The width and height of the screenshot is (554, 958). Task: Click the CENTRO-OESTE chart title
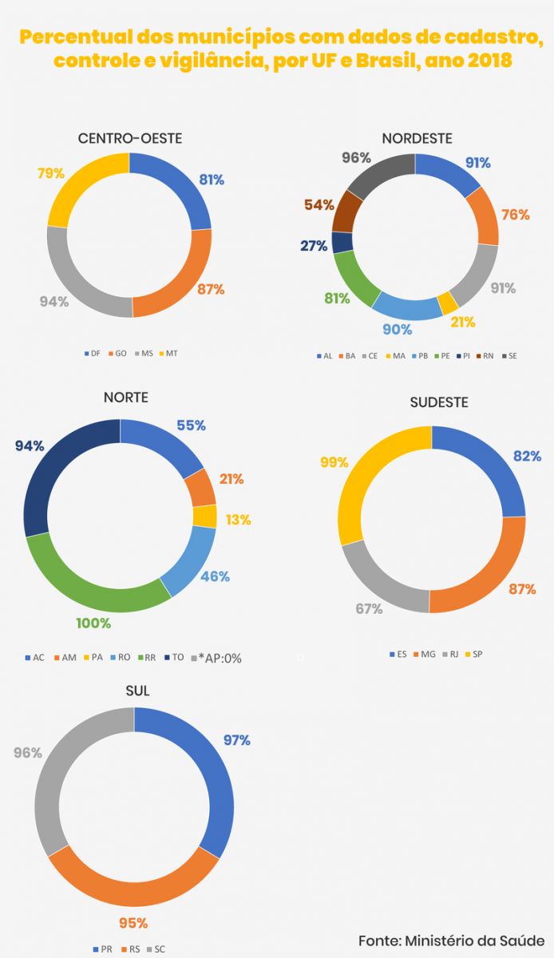pyautogui.click(x=129, y=139)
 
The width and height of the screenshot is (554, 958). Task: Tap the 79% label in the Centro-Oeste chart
pyautogui.click(x=50, y=173)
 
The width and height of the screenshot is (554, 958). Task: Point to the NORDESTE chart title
pyautogui.click(x=417, y=139)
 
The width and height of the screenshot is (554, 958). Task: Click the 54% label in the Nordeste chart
pyautogui.click(x=319, y=205)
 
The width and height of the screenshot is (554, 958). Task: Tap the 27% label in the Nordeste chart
pyautogui.click(x=314, y=246)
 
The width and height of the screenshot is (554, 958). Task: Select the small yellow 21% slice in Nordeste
pyautogui.click(x=449, y=303)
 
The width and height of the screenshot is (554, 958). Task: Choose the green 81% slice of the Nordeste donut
pyautogui.click(x=354, y=279)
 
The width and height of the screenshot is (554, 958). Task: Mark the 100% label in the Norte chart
pyautogui.click(x=93, y=623)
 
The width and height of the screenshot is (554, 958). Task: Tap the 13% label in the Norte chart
pyautogui.click(x=237, y=520)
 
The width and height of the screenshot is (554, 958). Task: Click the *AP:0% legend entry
pyautogui.click(x=215, y=658)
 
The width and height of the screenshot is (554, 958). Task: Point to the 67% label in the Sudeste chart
pyautogui.click(x=369, y=608)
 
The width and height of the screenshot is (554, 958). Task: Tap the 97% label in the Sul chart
pyautogui.click(x=237, y=740)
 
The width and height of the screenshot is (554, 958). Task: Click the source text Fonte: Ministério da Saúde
pyautogui.click(x=451, y=940)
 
